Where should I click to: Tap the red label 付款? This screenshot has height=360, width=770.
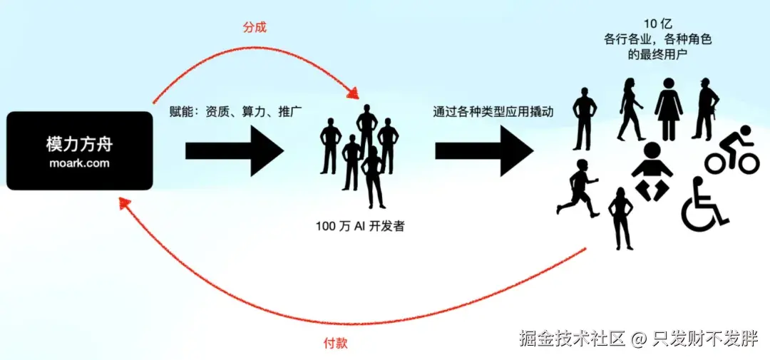(x=335, y=344)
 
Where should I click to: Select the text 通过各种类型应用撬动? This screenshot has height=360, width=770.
(x=493, y=112)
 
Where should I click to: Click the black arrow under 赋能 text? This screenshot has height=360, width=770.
(x=234, y=150)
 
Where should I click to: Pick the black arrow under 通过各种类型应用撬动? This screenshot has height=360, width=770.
(x=484, y=150)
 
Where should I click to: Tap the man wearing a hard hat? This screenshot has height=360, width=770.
(x=704, y=108)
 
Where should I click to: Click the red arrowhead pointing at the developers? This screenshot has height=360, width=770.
(x=353, y=93)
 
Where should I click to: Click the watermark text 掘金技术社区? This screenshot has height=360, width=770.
(x=572, y=338)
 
